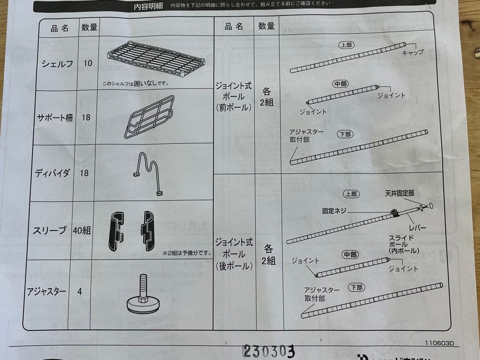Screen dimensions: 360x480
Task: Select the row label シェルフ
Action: tap(57, 64)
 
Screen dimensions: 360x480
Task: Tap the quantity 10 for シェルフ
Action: tap(88, 63)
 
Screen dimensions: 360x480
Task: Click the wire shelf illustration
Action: tap(156, 58)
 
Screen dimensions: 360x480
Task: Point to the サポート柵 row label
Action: tap(55, 118)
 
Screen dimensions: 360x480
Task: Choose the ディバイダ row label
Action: tap(52, 173)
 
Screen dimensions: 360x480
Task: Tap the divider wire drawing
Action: tap(147, 174)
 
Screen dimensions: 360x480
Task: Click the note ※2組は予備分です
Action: tap(187, 253)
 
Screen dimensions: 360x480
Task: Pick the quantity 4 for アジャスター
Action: tap(80, 292)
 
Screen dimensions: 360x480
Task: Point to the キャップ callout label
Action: tap(412, 52)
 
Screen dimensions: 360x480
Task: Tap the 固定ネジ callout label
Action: tap(334, 211)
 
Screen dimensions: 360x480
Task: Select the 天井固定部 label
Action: tap(400, 194)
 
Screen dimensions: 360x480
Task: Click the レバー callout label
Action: tap(417, 228)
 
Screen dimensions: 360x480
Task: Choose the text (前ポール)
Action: tap(234, 107)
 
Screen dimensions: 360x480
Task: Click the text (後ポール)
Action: tap(234, 266)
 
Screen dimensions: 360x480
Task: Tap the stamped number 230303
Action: tap(268, 351)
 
